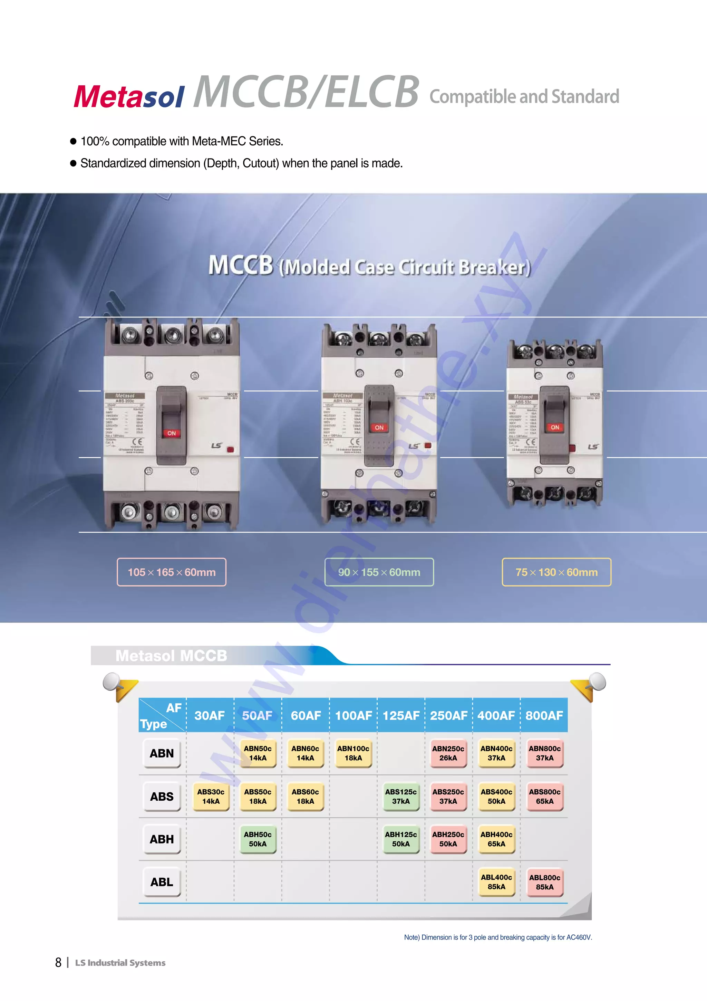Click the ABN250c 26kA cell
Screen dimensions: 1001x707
(448, 753)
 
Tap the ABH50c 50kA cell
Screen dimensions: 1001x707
(258, 839)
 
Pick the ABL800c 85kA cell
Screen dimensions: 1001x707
(544, 882)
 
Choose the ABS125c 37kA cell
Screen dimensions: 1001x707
(400, 796)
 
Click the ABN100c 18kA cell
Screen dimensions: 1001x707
(353, 753)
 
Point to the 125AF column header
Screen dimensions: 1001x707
(401, 715)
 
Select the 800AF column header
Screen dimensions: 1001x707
(544, 715)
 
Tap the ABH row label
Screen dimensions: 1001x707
(162, 839)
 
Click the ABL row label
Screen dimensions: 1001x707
(162, 882)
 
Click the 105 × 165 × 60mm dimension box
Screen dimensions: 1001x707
(172, 572)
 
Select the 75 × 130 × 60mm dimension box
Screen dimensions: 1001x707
(556, 572)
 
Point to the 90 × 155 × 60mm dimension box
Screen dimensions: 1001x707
(379, 572)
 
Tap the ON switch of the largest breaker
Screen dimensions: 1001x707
(172, 433)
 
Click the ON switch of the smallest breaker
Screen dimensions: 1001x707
(554, 427)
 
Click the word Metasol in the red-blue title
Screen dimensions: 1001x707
(129, 96)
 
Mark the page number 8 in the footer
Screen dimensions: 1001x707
(58, 962)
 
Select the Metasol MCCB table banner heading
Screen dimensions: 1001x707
(171, 655)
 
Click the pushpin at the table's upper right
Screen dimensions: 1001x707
(595, 682)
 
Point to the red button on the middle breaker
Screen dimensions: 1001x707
(428, 446)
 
